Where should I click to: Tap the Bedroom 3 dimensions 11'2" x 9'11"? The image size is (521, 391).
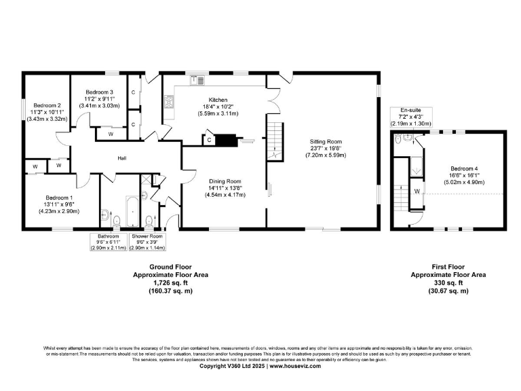[99, 98]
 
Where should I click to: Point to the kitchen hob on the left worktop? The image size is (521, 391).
[168, 102]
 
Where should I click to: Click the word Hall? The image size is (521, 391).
[123, 157]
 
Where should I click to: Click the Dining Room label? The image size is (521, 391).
[224, 181]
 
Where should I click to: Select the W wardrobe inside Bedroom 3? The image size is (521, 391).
[110, 134]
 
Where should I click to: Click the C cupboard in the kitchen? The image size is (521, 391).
[209, 140]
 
